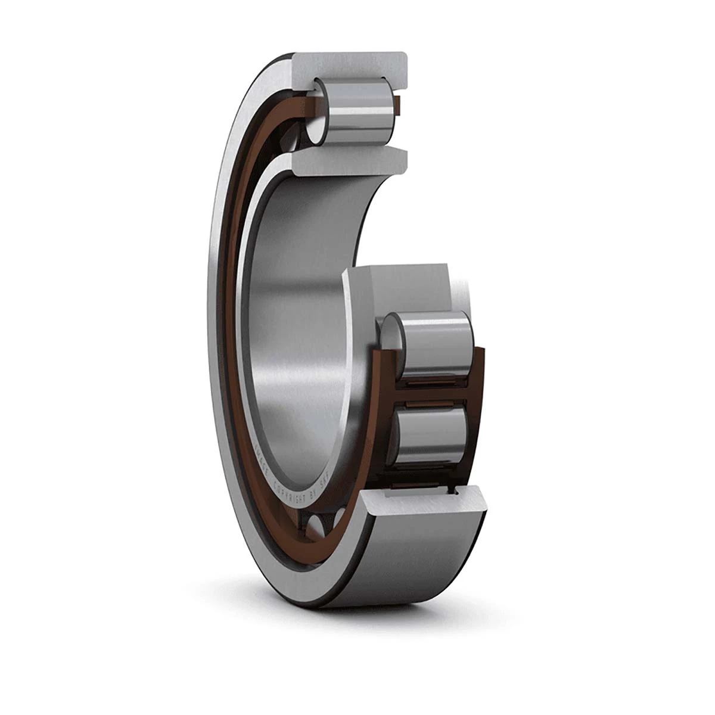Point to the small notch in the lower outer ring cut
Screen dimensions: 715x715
(456, 492)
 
